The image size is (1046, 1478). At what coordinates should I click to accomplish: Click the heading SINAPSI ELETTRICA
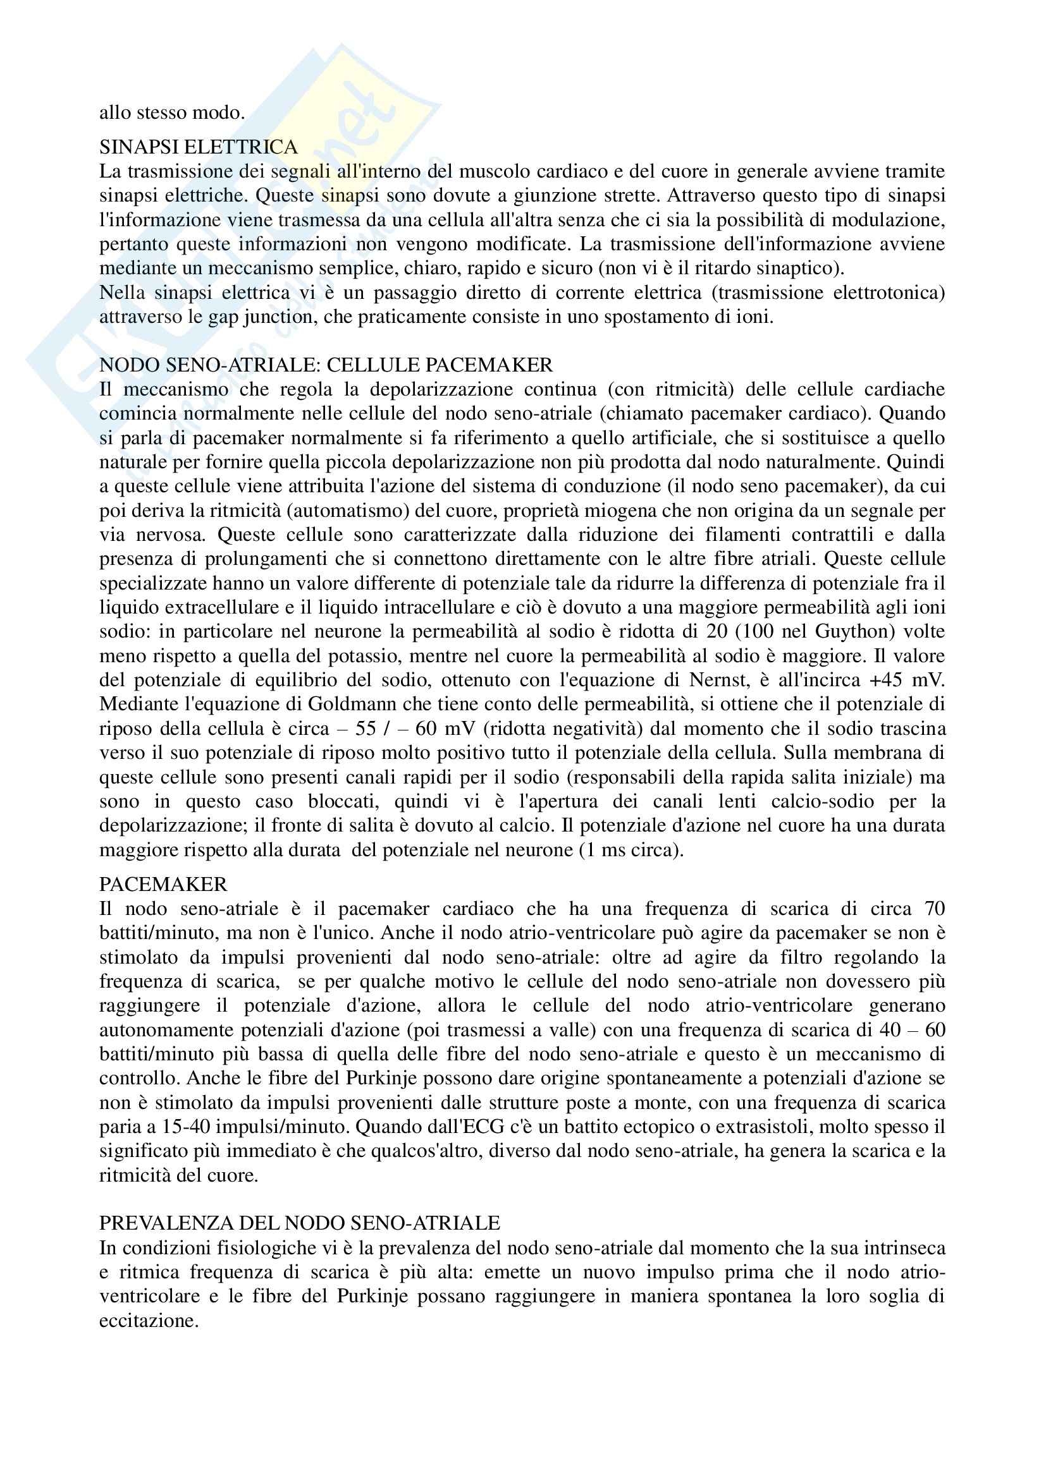pos(199,147)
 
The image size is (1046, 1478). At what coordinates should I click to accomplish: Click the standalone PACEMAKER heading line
pos(163,884)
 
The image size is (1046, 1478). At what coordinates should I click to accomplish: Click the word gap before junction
pos(237,317)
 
